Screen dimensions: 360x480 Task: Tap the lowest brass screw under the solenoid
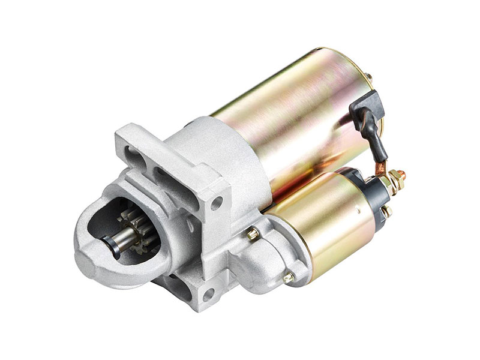click(289, 277)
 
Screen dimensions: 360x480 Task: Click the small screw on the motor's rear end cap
click(368, 77)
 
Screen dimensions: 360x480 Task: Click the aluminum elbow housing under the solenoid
click(264, 264)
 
